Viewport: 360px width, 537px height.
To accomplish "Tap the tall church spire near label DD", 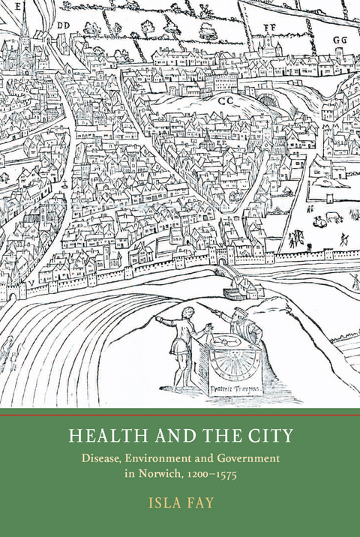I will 25,34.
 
